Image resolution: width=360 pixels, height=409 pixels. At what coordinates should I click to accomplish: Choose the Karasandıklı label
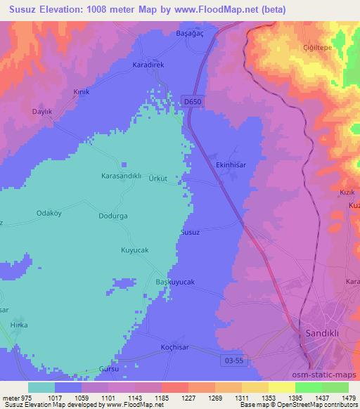(x=122, y=176)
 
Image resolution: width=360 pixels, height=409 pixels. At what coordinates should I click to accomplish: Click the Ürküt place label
(x=158, y=178)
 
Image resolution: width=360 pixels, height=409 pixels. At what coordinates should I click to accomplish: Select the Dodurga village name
(x=112, y=216)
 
